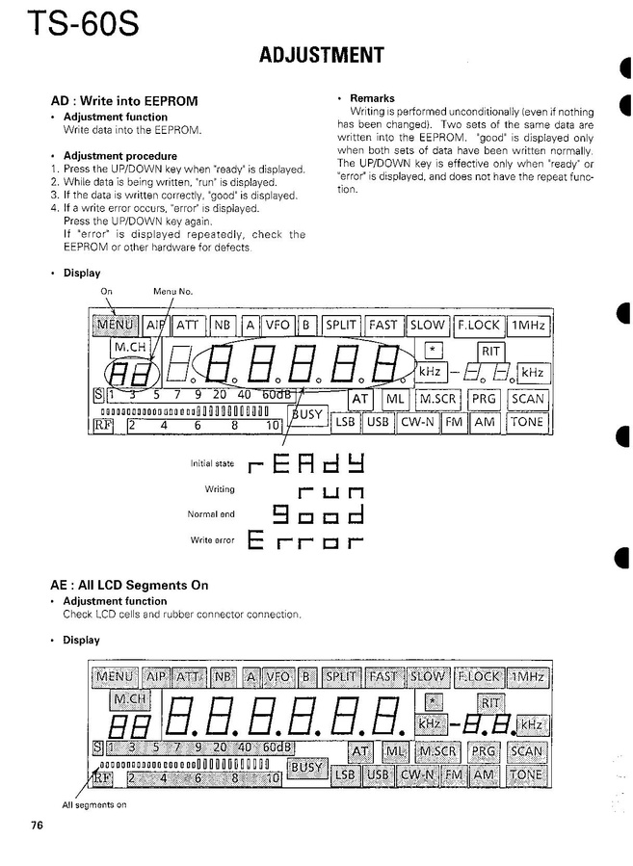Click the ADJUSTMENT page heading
pyautogui.click(x=322, y=56)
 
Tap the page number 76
pyautogui.click(x=37, y=825)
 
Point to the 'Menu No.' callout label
pyautogui.click(x=171, y=291)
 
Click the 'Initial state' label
pyautogui.click(x=214, y=464)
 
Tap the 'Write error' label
pyautogui.click(x=214, y=539)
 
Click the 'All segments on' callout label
pyautogui.click(x=94, y=804)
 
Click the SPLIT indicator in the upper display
pyautogui.click(x=340, y=326)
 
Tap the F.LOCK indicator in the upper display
pyautogui.click(x=479, y=326)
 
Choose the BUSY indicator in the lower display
pyautogui.click(x=307, y=767)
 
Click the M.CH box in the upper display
pyautogui.click(x=130, y=347)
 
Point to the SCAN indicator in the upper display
pyautogui.click(x=527, y=399)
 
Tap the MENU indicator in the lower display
pyautogui.click(x=115, y=677)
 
